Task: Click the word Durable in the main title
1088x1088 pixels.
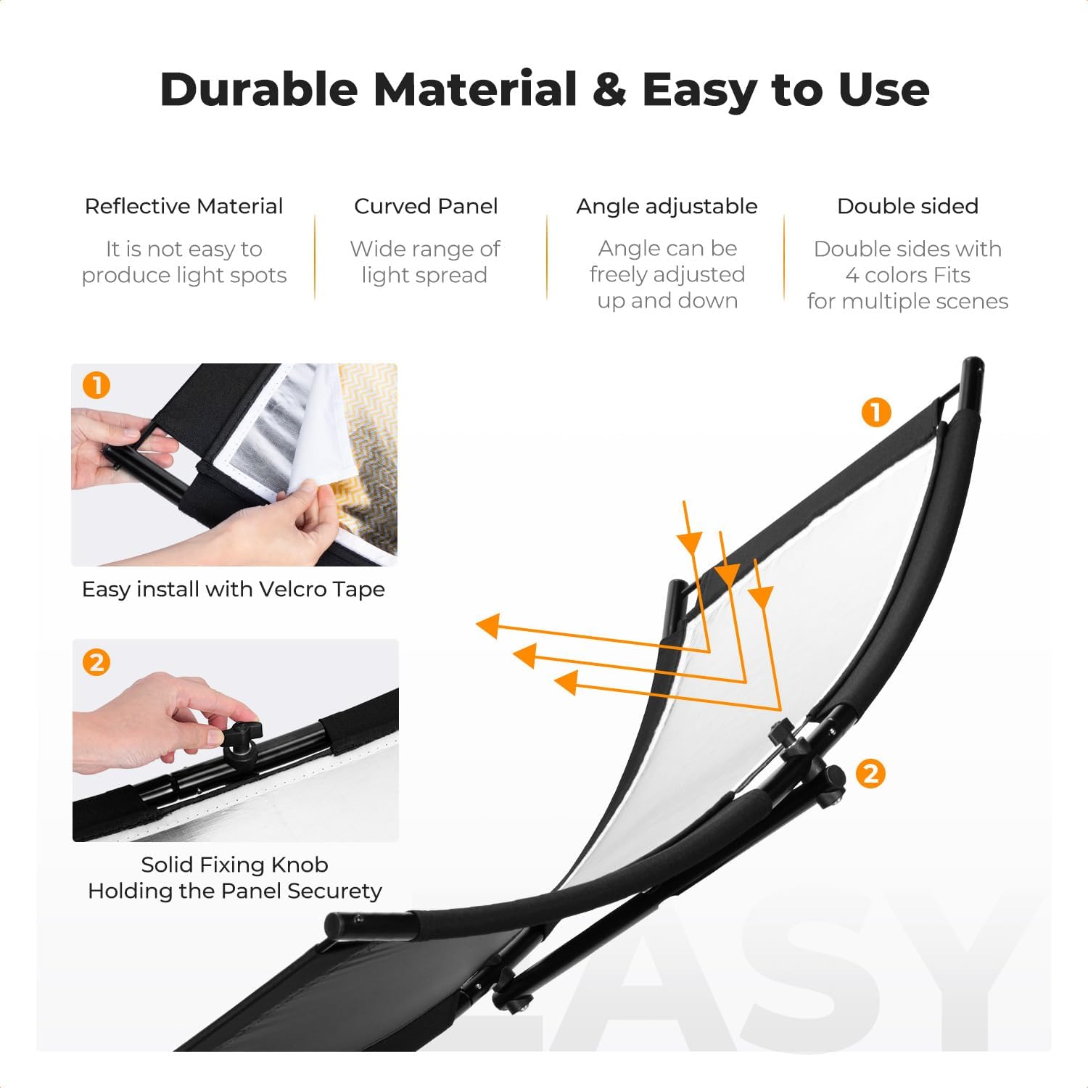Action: click(259, 89)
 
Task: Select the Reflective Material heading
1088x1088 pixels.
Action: click(184, 206)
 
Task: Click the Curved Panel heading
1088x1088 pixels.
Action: click(426, 206)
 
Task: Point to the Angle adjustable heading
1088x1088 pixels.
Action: click(667, 207)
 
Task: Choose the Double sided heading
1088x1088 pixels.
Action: click(907, 206)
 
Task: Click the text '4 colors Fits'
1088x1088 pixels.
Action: click(907, 275)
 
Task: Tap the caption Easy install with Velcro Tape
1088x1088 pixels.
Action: click(234, 589)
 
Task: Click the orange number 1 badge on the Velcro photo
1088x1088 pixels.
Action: click(96, 385)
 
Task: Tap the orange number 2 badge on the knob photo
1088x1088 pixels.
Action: click(96, 662)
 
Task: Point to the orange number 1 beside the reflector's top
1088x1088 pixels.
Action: click(876, 413)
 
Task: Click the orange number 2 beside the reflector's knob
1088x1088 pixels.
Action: click(870, 774)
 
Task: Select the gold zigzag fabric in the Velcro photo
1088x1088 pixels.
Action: click(367, 450)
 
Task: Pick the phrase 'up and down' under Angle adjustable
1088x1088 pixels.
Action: click(667, 301)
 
